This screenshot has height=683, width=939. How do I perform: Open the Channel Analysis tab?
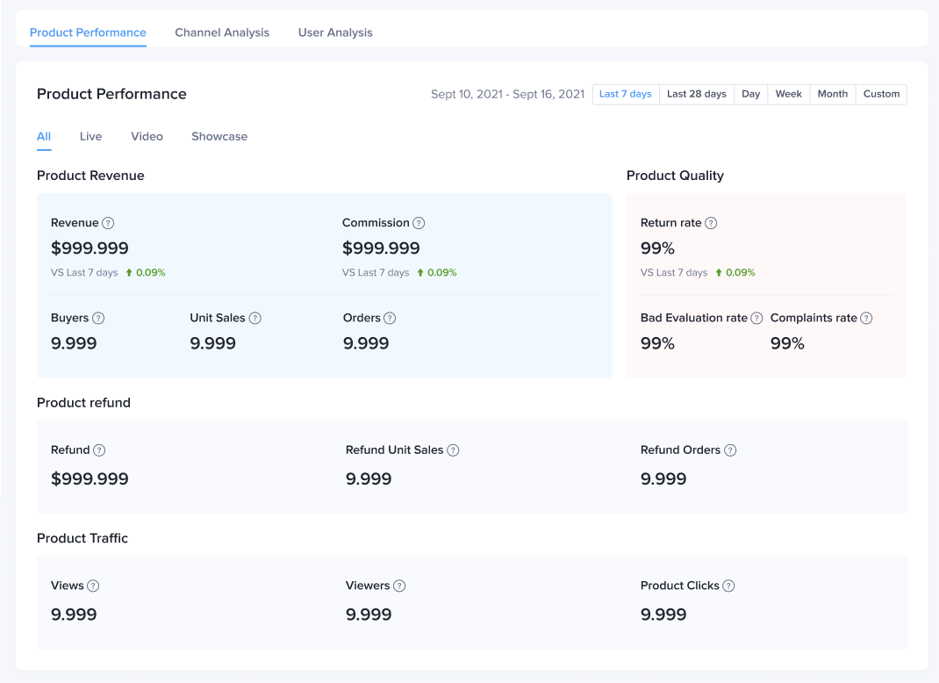[x=222, y=32]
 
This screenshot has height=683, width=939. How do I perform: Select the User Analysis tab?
[x=335, y=32]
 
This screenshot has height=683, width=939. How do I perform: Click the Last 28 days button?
[x=697, y=94]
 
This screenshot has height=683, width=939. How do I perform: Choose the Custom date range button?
[x=881, y=94]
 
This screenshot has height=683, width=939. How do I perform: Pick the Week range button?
[x=788, y=94]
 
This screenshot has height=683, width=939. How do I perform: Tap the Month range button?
[x=833, y=94]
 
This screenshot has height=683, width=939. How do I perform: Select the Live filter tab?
[x=90, y=136]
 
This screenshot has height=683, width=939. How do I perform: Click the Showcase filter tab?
[x=219, y=136]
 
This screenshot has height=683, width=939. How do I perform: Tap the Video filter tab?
[x=147, y=136]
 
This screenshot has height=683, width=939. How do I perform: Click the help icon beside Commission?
[x=419, y=223]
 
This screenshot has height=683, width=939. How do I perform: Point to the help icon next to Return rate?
[x=711, y=223]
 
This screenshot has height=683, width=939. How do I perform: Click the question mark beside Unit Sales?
[x=254, y=318]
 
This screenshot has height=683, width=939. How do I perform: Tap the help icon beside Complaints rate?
[x=866, y=318]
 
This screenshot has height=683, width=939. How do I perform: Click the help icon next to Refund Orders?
[x=730, y=450]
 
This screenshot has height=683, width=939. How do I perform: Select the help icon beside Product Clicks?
[x=728, y=586]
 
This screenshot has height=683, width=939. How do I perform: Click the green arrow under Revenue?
[x=129, y=273]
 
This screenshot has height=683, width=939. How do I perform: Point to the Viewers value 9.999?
[x=369, y=615]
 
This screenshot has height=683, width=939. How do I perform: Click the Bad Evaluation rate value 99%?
[x=657, y=343]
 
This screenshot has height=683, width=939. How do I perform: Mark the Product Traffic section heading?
[x=82, y=538]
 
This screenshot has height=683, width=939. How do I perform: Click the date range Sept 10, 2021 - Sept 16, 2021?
[x=507, y=94]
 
